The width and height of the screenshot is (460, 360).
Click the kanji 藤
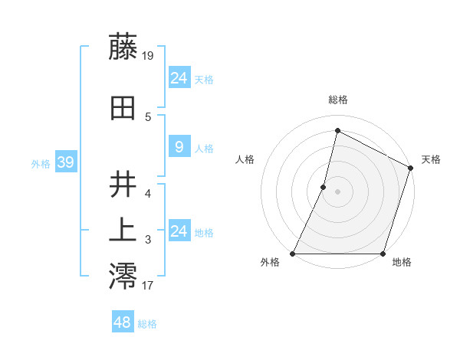click(123, 47)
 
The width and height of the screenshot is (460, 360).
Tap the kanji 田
click(123, 108)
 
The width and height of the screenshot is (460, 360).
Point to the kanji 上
click(123, 231)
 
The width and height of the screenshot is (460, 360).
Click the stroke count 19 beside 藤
click(148, 55)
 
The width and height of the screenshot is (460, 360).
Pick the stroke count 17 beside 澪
click(148, 286)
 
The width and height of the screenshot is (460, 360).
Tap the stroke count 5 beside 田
click(148, 116)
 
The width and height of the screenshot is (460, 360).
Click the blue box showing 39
click(65, 162)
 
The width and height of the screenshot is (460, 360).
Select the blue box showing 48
click(123, 322)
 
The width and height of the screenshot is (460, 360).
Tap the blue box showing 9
click(179, 147)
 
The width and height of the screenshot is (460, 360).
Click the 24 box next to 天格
click(179, 78)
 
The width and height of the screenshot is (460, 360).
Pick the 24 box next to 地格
click(179, 231)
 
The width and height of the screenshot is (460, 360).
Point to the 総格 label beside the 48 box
click(147, 324)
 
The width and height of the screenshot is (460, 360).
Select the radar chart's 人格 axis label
click(245, 159)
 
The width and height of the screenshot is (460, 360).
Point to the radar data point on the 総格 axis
click(337, 131)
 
